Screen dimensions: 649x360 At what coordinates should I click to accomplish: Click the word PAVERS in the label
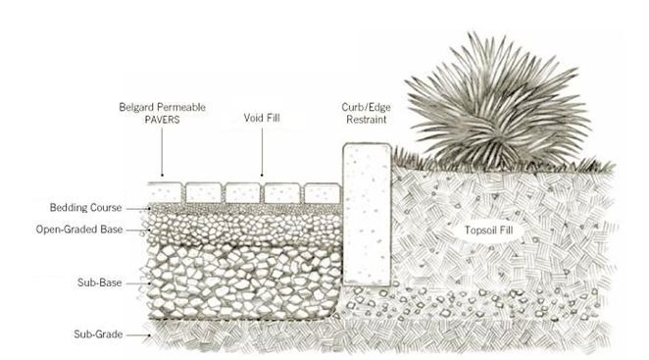tap(177, 120)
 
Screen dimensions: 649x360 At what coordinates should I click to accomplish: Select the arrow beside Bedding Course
tap(144, 209)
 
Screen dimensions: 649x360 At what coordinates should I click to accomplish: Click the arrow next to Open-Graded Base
tap(144, 230)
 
